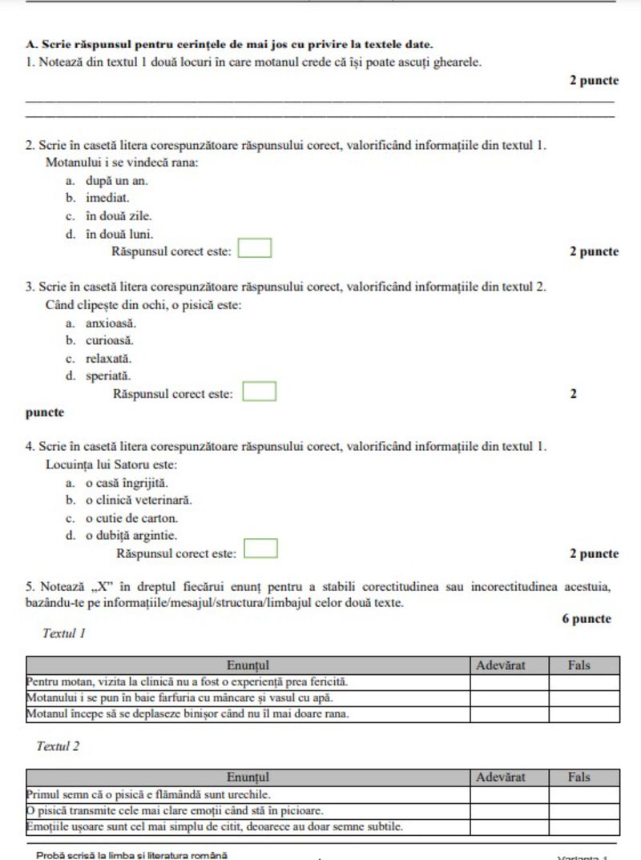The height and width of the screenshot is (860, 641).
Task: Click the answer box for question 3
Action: click(x=260, y=392)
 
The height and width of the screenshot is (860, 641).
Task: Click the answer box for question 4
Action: click(x=261, y=549)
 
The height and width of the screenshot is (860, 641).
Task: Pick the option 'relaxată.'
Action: click(x=109, y=358)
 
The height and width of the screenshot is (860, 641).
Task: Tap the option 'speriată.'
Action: click(x=109, y=376)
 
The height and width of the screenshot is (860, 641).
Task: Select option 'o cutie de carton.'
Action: click(x=131, y=518)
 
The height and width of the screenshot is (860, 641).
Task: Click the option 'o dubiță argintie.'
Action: click(x=131, y=536)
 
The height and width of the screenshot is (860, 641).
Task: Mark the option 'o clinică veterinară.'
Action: click(x=139, y=500)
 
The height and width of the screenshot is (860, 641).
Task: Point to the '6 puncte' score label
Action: click(x=587, y=619)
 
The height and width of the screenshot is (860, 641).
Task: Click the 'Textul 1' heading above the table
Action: click(x=64, y=633)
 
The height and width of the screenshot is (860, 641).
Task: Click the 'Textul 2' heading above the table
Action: click(x=58, y=746)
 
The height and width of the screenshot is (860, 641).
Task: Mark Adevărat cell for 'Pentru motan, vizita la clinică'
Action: click(x=509, y=682)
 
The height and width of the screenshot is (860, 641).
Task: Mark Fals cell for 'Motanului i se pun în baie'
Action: click(x=584, y=698)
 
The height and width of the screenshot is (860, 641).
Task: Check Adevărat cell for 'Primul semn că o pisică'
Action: click(x=509, y=794)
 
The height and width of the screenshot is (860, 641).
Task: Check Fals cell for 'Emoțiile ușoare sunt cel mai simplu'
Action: click(x=584, y=826)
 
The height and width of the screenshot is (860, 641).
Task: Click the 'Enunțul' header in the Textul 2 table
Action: click(x=248, y=777)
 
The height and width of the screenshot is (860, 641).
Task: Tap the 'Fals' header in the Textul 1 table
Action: click(x=579, y=665)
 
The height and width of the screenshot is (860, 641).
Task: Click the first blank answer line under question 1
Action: click(x=320, y=102)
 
